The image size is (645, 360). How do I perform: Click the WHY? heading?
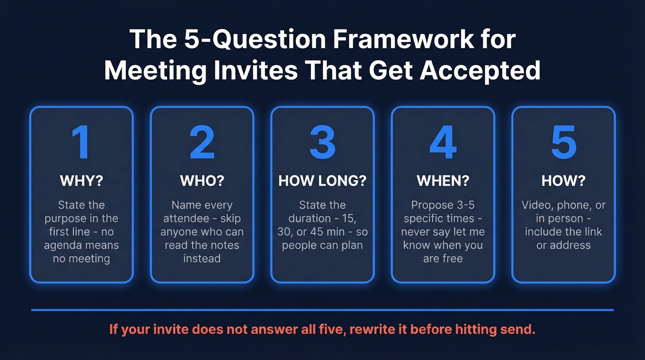81,181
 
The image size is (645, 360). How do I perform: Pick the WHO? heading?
202,181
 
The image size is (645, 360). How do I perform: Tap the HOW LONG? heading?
322,181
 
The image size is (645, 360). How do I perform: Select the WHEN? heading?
443,181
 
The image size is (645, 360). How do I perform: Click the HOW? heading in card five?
563,181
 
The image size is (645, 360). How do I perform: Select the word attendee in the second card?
184,218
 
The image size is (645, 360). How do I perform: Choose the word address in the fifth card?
569,245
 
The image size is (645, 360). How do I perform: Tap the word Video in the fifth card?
537,205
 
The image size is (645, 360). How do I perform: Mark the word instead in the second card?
202,259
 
